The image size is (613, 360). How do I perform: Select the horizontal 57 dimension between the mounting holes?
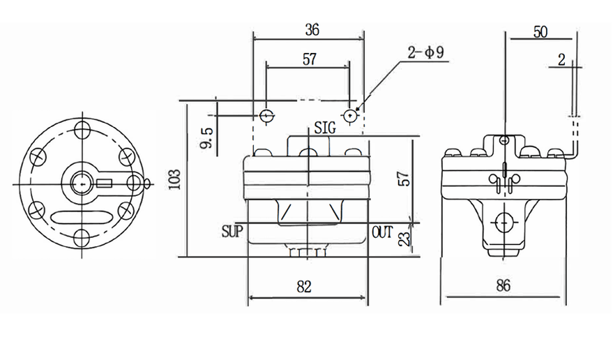(x=308, y=59)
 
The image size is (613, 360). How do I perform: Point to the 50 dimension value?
(x=540, y=31)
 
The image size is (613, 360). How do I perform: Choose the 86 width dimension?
(x=503, y=285)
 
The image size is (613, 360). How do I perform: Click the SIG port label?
(x=325, y=128)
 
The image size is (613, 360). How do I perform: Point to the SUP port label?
(x=232, y=231)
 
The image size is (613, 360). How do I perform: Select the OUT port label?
(x=383, y=231)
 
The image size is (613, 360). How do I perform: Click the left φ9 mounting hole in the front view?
(x=266, y=114)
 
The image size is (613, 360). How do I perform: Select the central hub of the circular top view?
(x=81, y=184)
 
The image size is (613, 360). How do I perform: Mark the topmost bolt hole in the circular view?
(x=83, y=130)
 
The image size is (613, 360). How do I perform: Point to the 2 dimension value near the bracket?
(x=561, y=60)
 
